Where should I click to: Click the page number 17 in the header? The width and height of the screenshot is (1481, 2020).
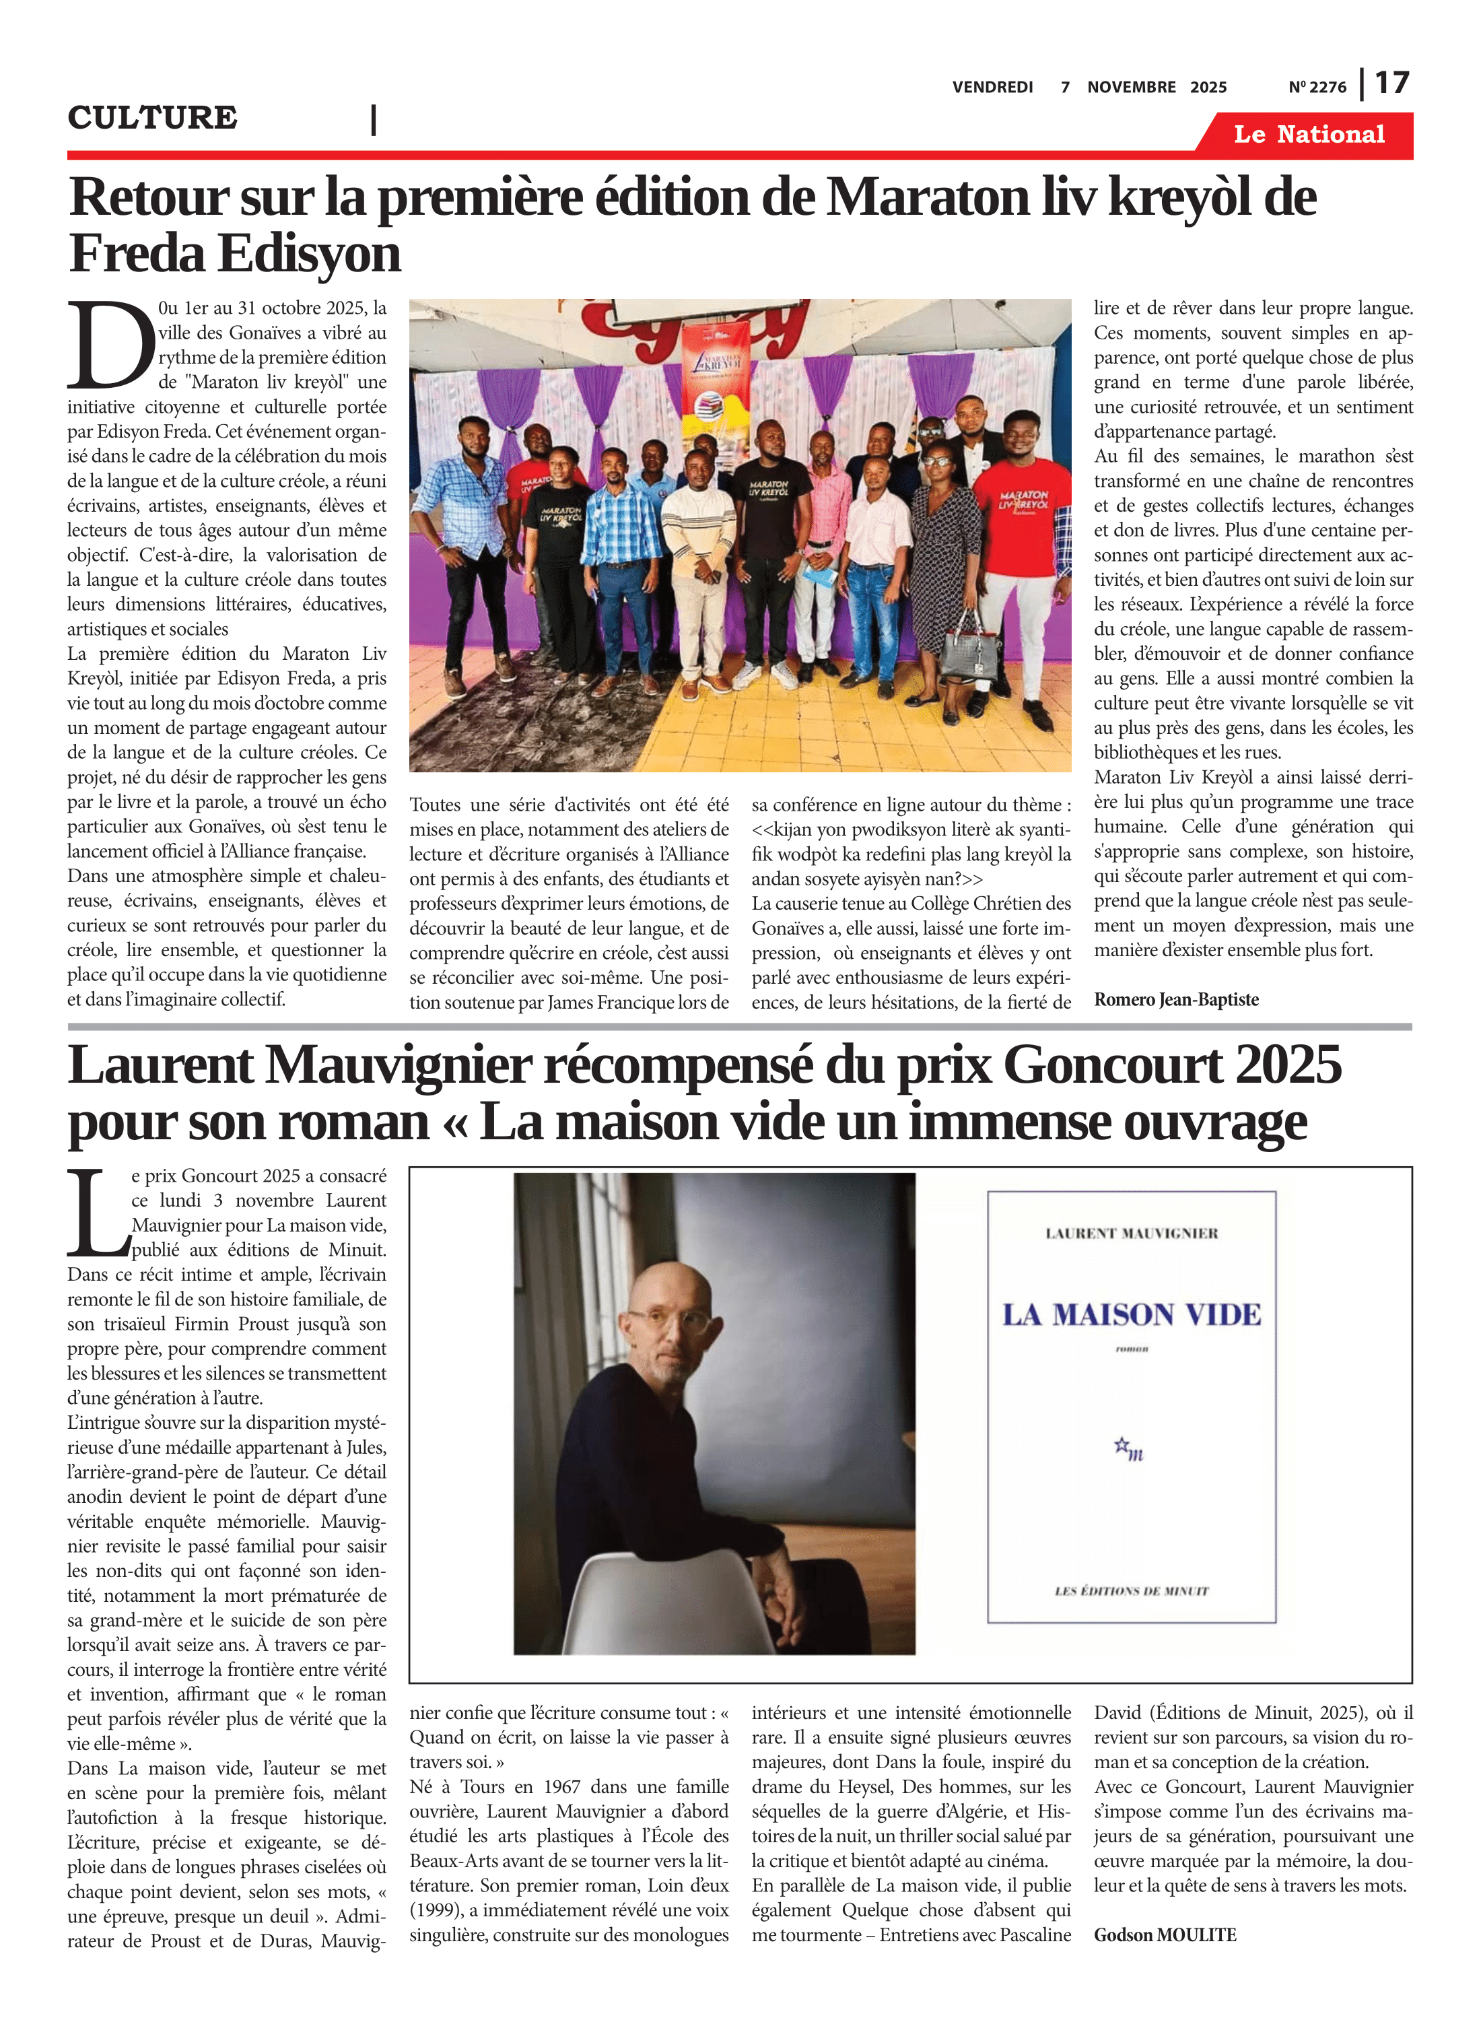(x=1391, y=83)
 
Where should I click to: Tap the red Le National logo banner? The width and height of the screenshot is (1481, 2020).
(x=1309, y=135)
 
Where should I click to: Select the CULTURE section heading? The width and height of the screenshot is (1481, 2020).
(x=152, y=117)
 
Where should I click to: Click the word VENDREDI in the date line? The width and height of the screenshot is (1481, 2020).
(x=992, y=87)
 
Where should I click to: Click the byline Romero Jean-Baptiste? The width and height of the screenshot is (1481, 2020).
(x=1175, y=1000)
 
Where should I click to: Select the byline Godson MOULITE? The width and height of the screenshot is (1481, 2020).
(x=1165, y=1935)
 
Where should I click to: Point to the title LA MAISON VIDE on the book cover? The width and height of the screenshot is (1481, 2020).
(x=1132, y=1315)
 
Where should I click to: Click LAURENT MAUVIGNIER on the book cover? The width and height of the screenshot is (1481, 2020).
(x=1132, y=1234)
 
